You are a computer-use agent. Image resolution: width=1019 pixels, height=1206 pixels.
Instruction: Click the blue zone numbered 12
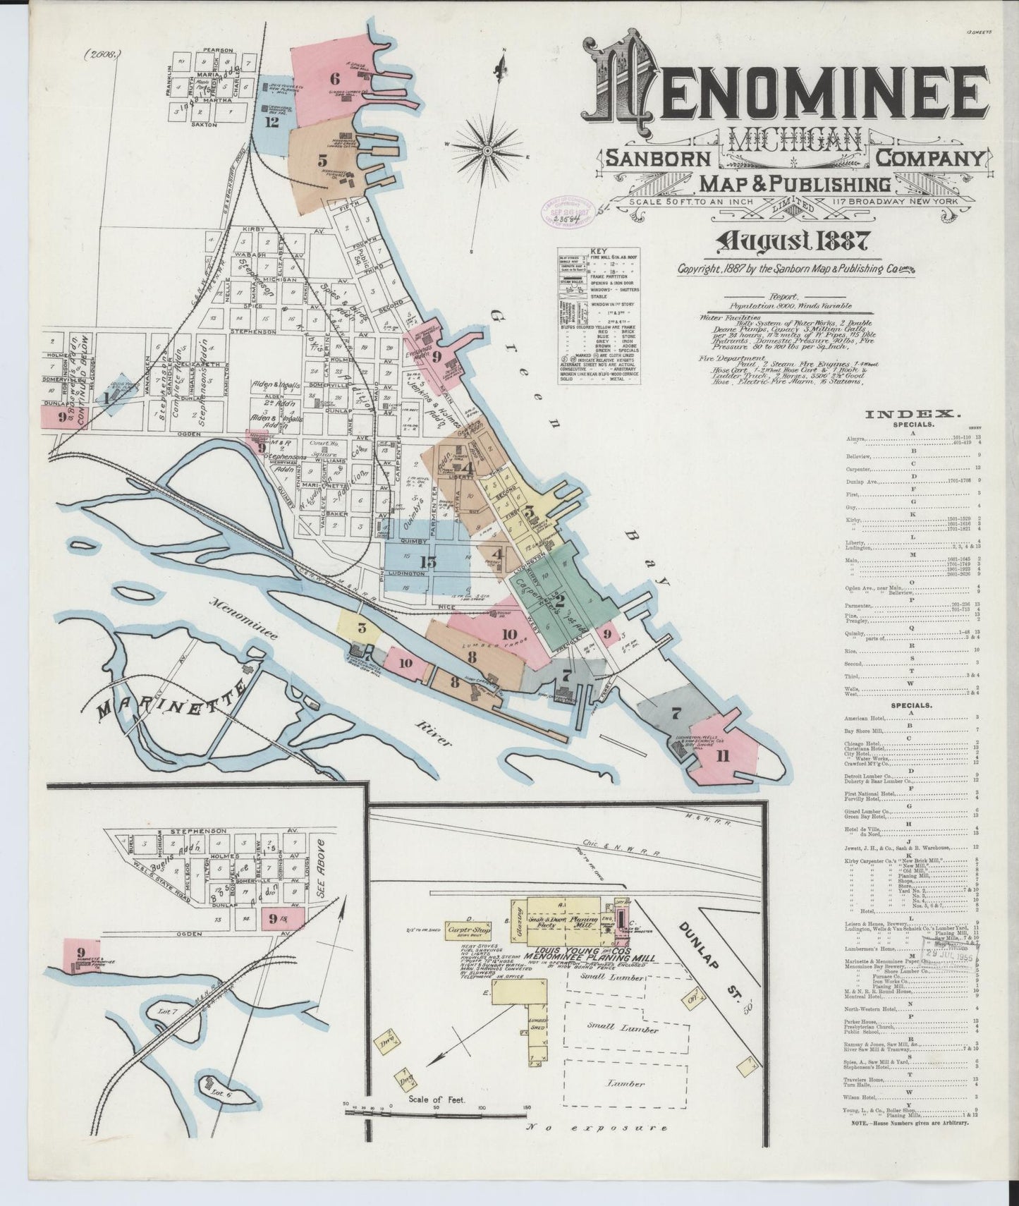[271, 121]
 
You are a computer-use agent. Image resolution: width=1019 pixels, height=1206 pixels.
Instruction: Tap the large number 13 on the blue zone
[427, 562]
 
